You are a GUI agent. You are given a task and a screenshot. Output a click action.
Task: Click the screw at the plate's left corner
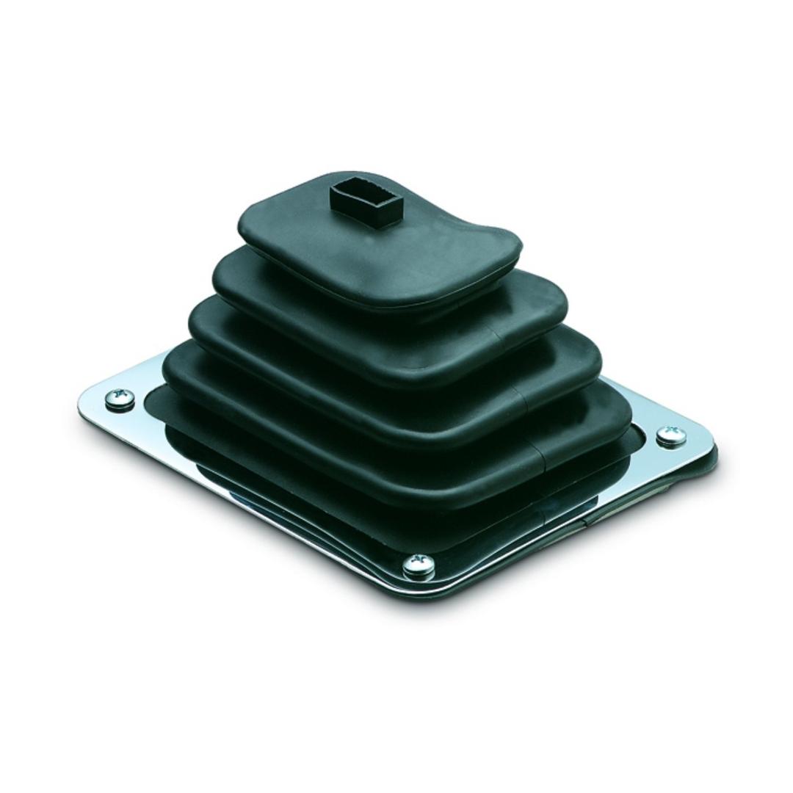pyautogui.click(x=120, y=399)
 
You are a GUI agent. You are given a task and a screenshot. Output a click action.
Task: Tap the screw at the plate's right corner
pyautogui.click(x=670, y=436)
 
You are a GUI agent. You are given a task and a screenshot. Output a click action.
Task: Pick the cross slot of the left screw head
pyautogui.click(x=120, y=397)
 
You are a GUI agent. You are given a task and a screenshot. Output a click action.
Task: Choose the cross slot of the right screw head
pyautogui.click(x=670, y=435)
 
